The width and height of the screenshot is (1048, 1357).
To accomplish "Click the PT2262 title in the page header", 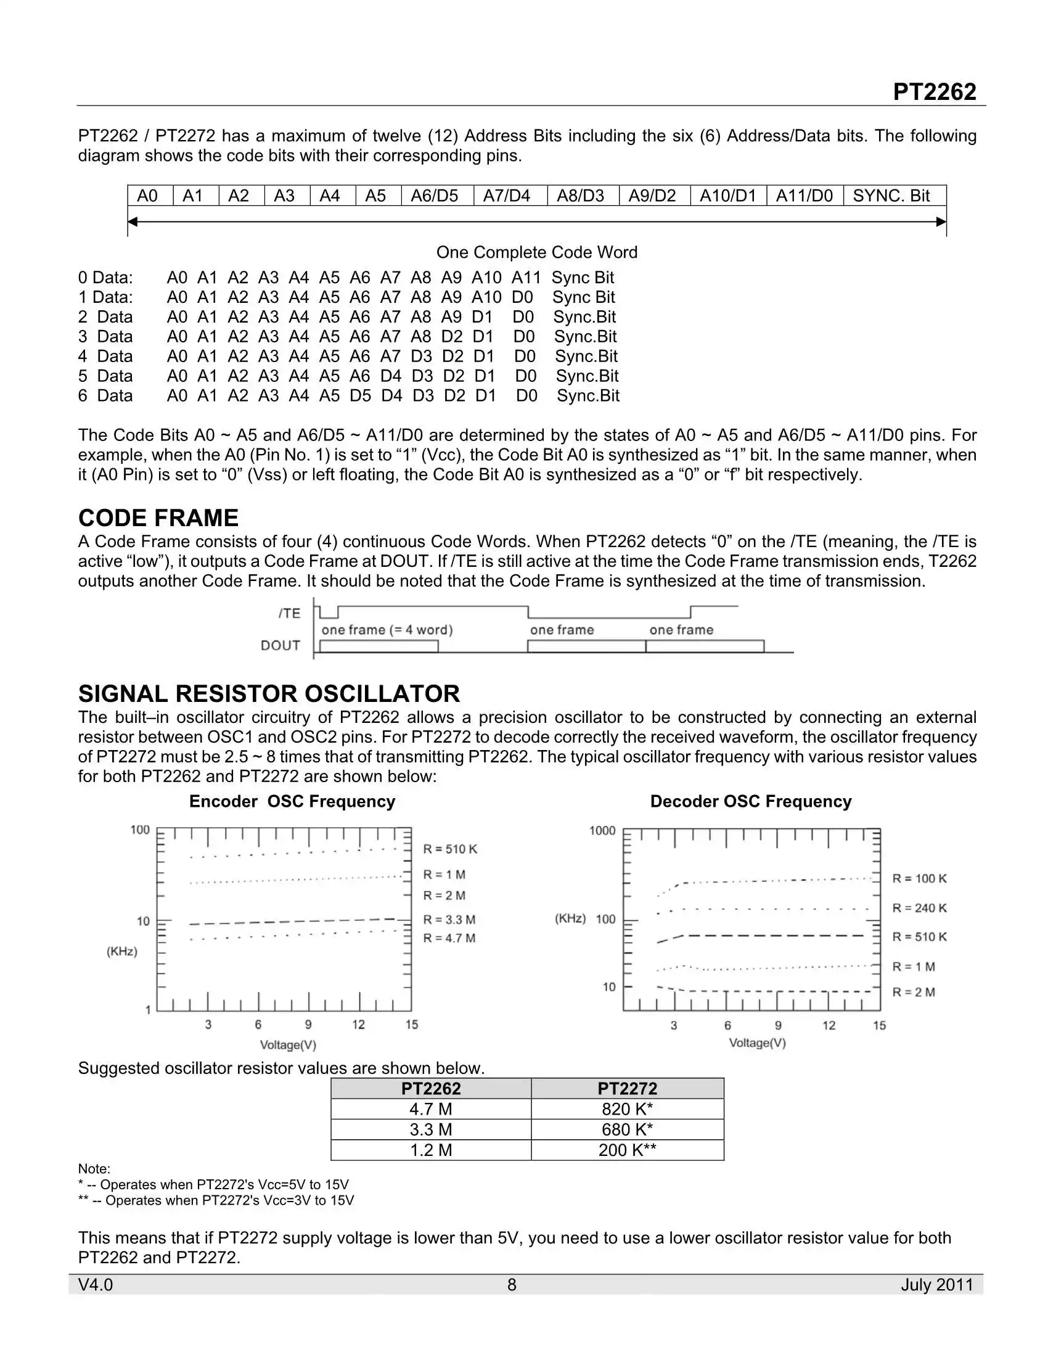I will pos(934,92).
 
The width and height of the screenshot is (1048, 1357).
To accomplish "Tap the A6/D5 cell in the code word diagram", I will pos(434,196).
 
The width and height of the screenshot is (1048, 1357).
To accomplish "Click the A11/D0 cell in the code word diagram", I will pos(804,196).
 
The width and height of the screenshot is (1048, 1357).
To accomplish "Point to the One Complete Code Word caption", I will pos(536,252).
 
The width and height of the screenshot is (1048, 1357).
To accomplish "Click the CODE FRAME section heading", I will pos(158,518).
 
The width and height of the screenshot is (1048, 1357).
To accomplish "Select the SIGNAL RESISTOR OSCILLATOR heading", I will pos(269,693).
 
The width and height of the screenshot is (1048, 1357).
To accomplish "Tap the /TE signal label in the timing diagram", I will pos(289,613).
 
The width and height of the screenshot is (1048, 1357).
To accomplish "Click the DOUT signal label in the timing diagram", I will pos(280,646).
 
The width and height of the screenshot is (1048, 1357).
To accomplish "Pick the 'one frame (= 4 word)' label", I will pos(387,630).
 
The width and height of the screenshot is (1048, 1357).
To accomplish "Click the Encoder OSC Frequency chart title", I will pos(292,801).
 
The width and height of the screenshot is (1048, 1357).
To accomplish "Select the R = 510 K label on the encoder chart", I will pos(450,849).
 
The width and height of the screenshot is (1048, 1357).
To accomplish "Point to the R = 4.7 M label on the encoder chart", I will pos(449,938).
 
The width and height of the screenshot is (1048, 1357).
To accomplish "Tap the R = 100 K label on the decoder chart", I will pos(919,878).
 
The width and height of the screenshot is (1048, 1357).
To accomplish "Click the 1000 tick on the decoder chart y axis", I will pos(602,831).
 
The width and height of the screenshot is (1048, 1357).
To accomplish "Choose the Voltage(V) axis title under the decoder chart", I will pos(757,1042).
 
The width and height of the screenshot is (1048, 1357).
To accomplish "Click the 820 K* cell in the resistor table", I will pos(627,1109).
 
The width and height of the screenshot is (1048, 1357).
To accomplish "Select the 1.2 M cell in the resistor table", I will pos(431,1150).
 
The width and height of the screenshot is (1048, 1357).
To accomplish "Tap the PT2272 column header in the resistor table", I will pos(627,1089).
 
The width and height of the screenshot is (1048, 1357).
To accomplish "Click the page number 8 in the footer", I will pos(512,1285).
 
